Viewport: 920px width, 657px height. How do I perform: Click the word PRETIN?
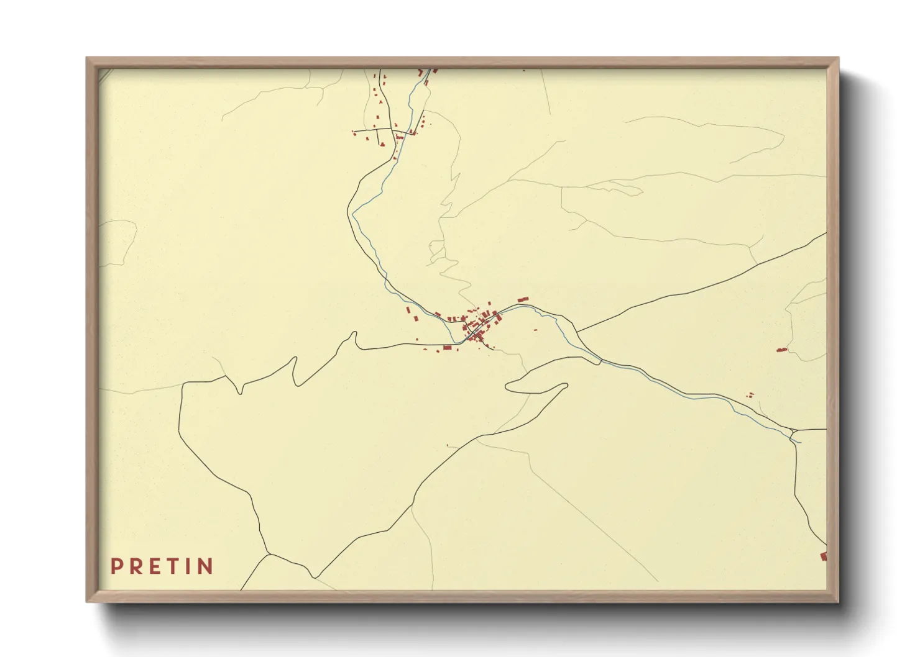162,566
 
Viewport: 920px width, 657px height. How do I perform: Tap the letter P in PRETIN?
116,566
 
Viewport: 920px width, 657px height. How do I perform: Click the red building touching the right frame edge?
824,556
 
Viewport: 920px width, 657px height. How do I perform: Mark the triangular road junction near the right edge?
793,433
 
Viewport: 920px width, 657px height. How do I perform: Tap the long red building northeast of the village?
522,300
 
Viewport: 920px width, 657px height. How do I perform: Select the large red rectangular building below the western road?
447,348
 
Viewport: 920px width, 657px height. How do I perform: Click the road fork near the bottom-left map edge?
268,553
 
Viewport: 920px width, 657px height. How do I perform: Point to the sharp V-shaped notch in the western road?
241,393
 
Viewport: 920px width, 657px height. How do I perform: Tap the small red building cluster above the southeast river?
750,394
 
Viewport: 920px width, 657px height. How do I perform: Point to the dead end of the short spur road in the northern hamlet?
353,132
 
